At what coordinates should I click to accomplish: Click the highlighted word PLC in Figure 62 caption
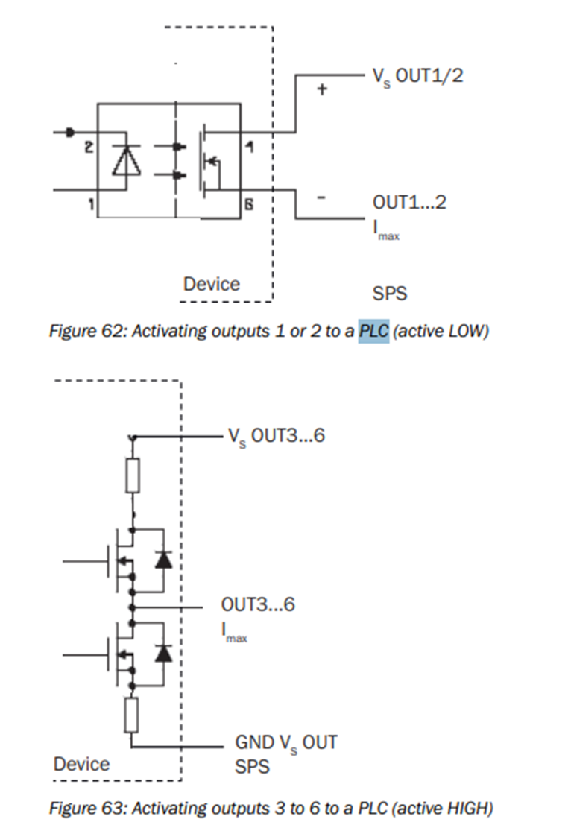pos(374,331)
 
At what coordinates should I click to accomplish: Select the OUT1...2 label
pos(409,203)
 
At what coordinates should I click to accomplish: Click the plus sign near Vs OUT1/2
pos(322,89)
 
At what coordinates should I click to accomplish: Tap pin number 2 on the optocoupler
pos(88,149)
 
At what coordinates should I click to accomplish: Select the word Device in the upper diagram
pos(212,284)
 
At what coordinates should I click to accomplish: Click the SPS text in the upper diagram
pos(390,293)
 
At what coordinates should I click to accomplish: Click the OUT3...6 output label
pos(258,604)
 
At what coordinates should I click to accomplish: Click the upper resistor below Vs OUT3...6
pos(133,475)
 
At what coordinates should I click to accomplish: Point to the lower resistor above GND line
pos(133,714)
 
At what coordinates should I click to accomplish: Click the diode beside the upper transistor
pos(163,560)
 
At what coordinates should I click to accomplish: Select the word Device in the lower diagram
pos(81,764)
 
